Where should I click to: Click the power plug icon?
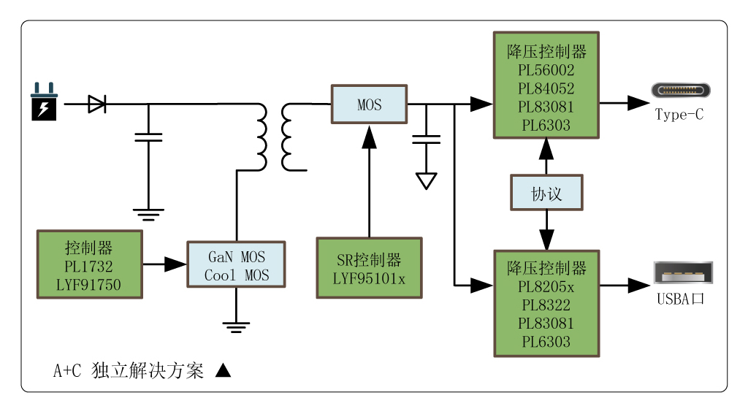point(44,102)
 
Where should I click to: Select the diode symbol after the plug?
point(96,104)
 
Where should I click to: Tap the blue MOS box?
point(370,104)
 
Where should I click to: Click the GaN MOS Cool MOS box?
point(236,265)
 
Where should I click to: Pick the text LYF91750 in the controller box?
point(88,284)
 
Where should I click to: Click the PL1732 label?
point(88,266)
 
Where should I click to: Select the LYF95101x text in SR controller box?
point(369,278)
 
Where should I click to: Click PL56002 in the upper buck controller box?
point(546,70)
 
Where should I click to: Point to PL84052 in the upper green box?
point(546,88)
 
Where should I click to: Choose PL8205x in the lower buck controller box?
point(546,286)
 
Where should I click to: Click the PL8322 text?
point(546,305)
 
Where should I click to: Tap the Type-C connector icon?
point(680,91)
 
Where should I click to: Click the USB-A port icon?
point(682,276)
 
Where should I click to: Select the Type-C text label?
point(679,115)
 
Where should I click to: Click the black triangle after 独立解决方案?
point(224,370)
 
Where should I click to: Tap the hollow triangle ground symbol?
point(426,180)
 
